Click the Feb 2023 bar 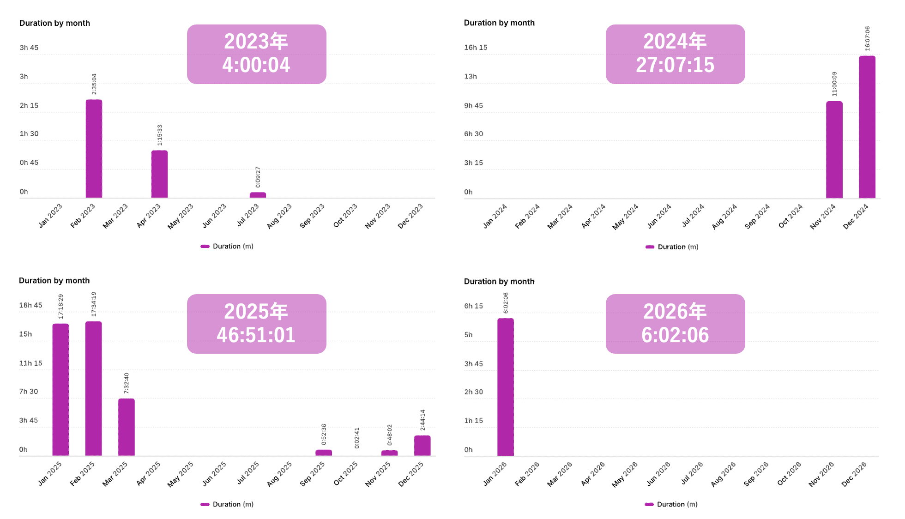pyautogui.click(x=94, y=149)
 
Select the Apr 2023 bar pyautogui.click(x=159, y=174)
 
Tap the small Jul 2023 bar pyautogui.click(x=258, y=195)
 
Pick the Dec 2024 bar pyautogui.click(x=867, y=127)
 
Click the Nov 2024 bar pyautogui.click(x=834, y=150)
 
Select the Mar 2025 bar pyautogui.click(x=126, y=427)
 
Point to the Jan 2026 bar pyautogui.click(x=505, y=387)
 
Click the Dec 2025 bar pyautogui.click(x=422, y=446)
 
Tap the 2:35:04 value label pyautogui.click(x=94, y=84)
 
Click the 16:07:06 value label pyautogui.click(x=867, y=38)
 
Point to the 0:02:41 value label pyautogui.click(x=357, y=438)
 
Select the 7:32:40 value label pyautogui.click(x=127, y=383)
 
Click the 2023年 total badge pyautogui.click(x=256, y=54)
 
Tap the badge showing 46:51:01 pyautogui.click(x=256, y=324)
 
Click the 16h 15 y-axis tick pyautogui.click(x=476, y=48)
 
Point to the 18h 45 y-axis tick pyautogui.click(x=30, y=305)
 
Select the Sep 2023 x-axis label pyautogui.click(x=312, y=216)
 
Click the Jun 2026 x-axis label pyautogui.click(x=658, y=474)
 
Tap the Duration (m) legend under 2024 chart pyautogui.click(x=672, y=247)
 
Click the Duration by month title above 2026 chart pyautogui.click(x=499, y=281)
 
